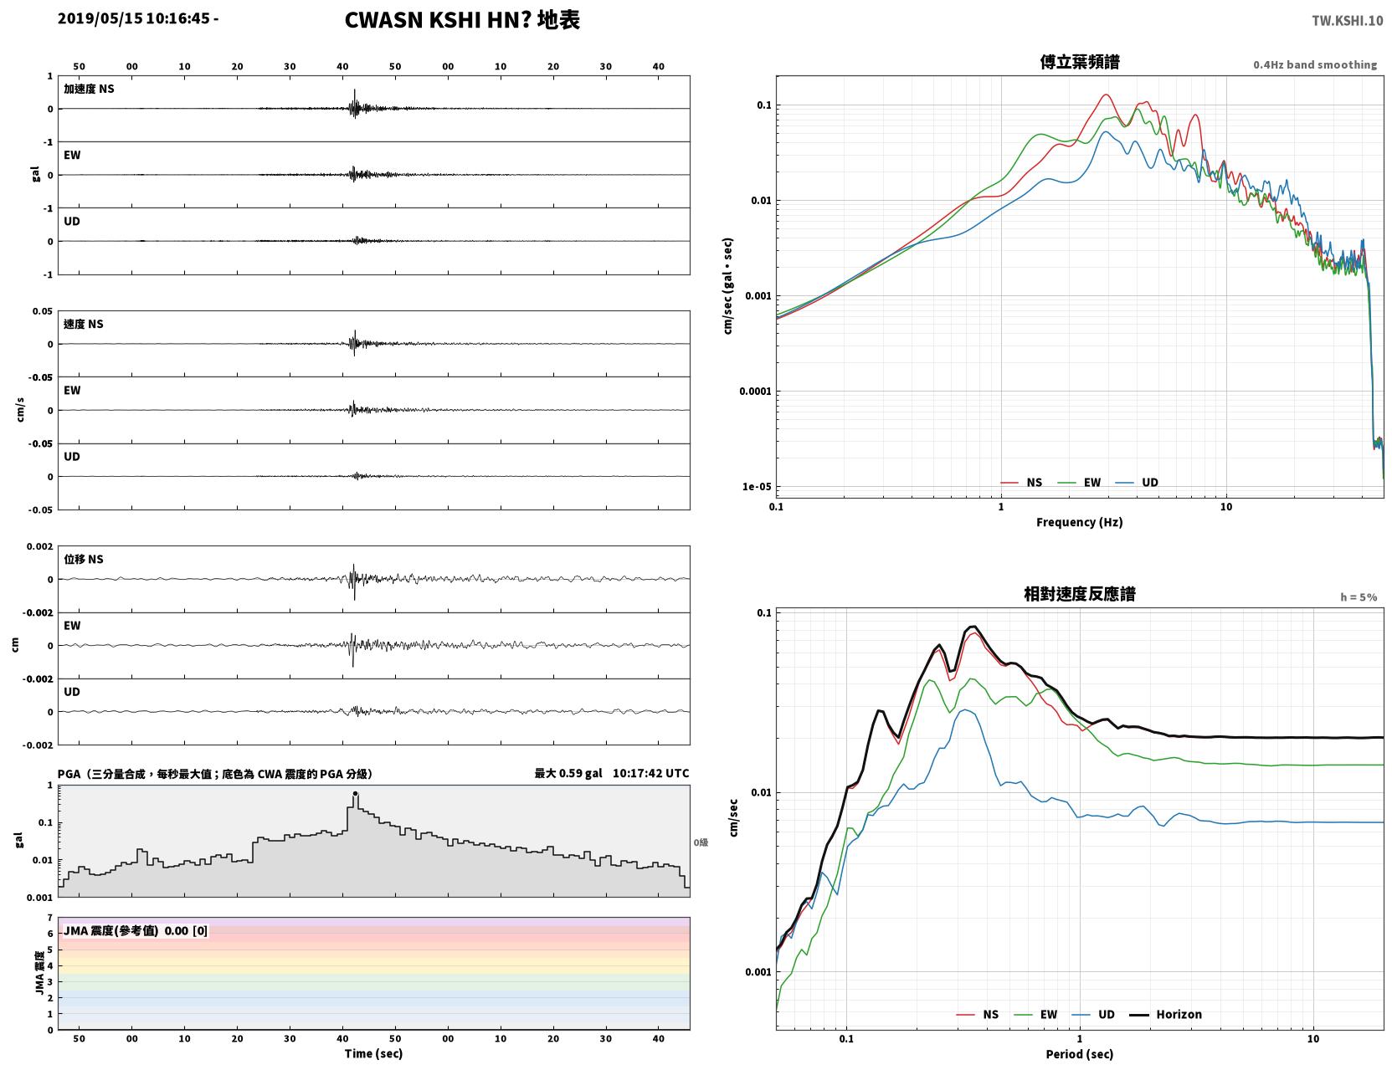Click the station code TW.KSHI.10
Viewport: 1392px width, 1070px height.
(1347, 20)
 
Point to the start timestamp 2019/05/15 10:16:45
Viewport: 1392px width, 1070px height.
(134, 18)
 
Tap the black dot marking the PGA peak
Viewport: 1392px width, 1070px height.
(355, 794)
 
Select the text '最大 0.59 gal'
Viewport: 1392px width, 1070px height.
(568, 773)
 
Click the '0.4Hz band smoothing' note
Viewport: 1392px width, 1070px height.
(1314, 64)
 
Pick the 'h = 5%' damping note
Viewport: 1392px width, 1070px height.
(1358, 597)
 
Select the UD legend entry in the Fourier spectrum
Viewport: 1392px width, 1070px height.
(1137, 483)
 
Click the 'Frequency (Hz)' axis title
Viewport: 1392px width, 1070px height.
(1080, 522)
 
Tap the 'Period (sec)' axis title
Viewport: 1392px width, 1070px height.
(1080, 1054)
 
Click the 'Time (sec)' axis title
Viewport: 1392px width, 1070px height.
(373, 1053)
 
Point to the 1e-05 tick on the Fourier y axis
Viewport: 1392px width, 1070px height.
(757, 487)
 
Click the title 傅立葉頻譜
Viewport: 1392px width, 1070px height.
(1080, 62)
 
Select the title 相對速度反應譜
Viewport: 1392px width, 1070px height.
(1080, 594)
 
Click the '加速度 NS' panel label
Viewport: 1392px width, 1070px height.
(89, 89)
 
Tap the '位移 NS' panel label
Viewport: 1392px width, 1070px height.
(83, 560)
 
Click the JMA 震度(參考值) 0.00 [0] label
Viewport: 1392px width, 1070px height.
(135, 930)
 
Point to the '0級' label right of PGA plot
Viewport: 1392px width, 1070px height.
(701, 842)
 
